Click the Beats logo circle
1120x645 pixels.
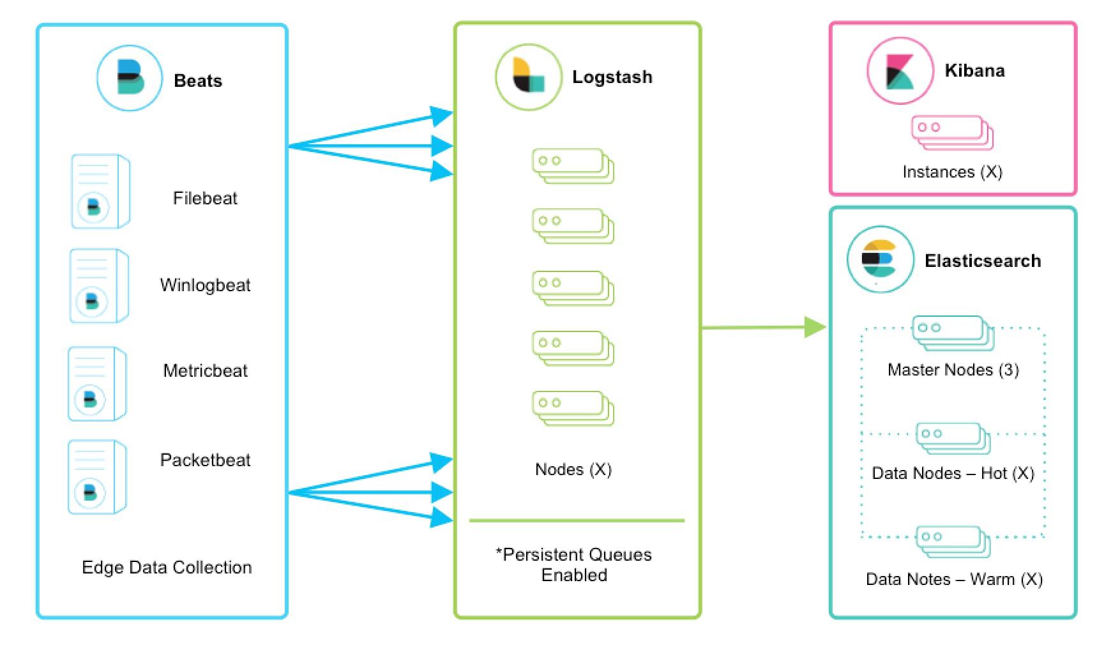pos(130,78)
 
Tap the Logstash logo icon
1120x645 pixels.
pos(528,77)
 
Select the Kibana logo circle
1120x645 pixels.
pos(900,71)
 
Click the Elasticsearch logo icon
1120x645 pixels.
pos(880,259)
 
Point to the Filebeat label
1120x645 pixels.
pos(205,198)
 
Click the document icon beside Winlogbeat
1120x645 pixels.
pos(99,286)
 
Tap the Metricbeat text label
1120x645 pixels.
pos(205,370)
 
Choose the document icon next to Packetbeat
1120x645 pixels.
pos(97,476)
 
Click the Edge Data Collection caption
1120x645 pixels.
pos(167,567)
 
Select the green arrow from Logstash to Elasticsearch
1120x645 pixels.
pos(763,327)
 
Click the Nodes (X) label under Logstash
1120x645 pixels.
pos(573,469)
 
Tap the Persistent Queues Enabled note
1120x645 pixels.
pos(574,565)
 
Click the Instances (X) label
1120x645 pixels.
pos(952,172)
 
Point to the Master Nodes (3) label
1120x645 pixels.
pos(953,370)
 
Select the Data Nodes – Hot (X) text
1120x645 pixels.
pos(953,473)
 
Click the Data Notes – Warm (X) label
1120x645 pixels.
pos(954,579)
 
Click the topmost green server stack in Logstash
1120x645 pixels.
pos(573,166)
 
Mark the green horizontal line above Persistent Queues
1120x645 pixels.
pos(577,520)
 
